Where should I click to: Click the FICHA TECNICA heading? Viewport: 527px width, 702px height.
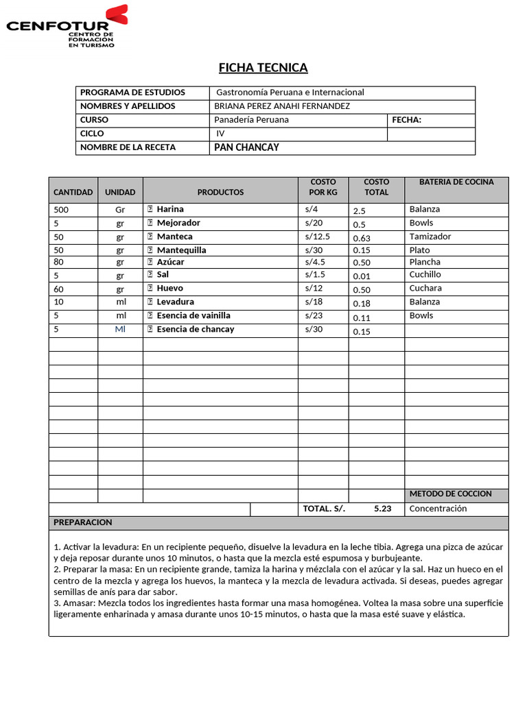263,67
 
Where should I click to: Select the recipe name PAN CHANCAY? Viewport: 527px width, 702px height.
247,147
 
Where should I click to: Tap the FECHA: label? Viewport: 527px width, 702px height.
406,120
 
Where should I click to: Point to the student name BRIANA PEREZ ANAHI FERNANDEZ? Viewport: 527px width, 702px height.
282,106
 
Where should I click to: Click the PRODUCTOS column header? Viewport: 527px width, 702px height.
220,192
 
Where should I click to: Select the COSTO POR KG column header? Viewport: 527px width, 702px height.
323,187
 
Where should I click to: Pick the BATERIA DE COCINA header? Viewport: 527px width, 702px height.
456,182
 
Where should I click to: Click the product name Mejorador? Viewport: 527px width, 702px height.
178,223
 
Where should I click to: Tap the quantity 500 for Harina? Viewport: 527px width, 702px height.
61,210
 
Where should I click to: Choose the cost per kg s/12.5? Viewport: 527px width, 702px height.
318,237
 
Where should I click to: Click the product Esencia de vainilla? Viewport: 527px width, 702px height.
194,315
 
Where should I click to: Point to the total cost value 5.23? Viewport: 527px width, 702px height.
383,509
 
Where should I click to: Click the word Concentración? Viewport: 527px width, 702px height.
438,509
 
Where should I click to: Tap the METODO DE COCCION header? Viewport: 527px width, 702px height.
451,494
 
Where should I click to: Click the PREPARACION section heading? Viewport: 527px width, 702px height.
82,522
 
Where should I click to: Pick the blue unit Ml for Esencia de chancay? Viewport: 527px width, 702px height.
121,329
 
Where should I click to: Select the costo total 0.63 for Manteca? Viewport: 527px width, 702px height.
362,239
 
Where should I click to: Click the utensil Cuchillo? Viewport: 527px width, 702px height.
425,274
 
